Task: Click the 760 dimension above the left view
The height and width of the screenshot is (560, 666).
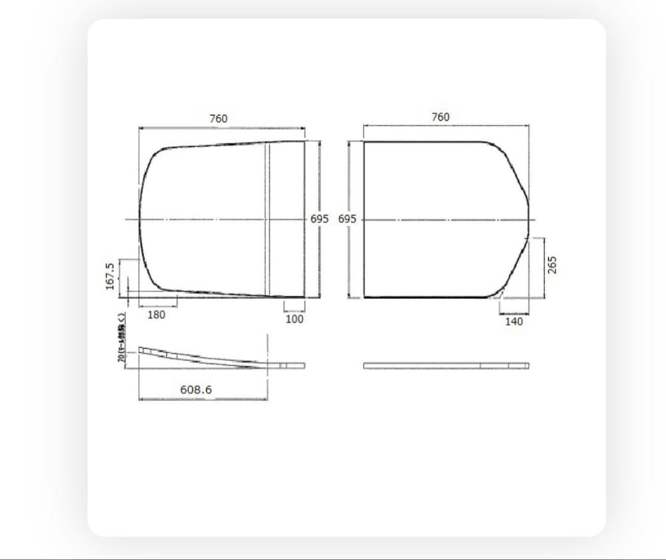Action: click(x=218, y=118)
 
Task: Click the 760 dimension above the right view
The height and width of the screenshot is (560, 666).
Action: click(x=440, y=117)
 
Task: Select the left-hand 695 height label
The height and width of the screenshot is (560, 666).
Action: click(x=319, y=219)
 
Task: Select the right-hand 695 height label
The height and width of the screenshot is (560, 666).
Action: click(x=347, y=219)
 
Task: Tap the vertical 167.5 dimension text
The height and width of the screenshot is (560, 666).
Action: click(x=110, y=275)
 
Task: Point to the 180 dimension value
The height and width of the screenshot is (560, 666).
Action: click(x=157, y=315)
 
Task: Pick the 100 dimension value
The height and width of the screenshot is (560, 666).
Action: click(x=294, y=319)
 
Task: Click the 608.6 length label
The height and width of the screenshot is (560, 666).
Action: click(x=196, y=389)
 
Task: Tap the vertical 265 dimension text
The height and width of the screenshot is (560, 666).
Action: click(x=552, y=266)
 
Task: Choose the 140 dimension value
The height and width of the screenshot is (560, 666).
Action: click(x=513, y=321)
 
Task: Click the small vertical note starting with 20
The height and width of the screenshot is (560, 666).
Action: click(x=121, y=338)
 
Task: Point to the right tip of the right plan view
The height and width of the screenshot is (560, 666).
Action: click(x=528, y=219)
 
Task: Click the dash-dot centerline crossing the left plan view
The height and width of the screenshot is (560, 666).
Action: click(x=203, y=219)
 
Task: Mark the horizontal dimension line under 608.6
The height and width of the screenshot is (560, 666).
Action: click(x=203, y=399)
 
